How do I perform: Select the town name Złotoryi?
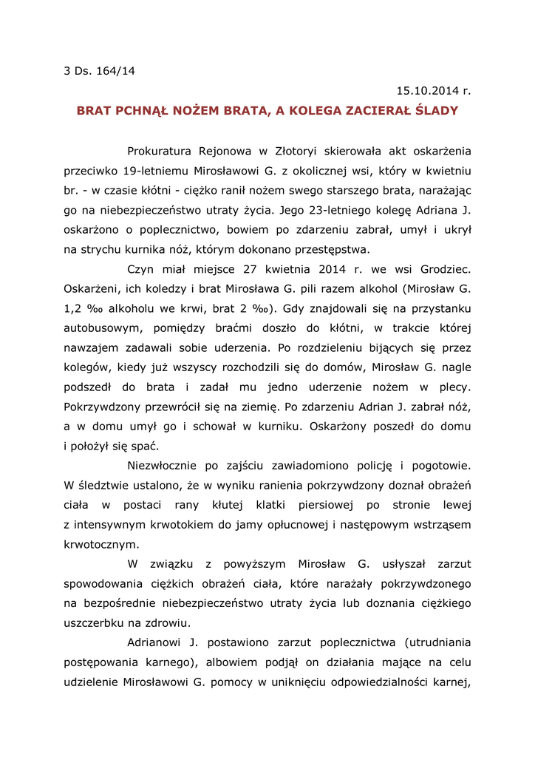click(x=304, y=152)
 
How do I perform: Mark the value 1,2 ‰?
click(x=81, y=308)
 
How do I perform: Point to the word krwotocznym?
click(x=100, y=544)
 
